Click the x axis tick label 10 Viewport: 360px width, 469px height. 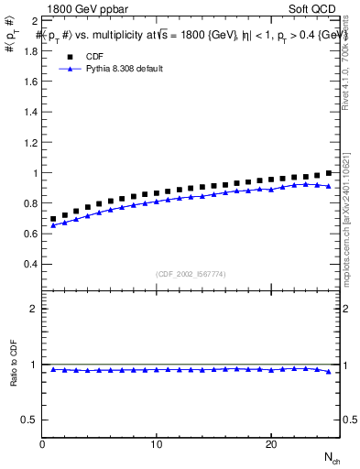[x=157, y=444]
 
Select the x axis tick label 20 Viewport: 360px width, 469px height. [x=270, y=444]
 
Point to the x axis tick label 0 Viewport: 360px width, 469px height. [x=43, y=444]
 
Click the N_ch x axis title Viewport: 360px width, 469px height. [x=331, y=457]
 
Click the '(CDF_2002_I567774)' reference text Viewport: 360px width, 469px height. [x=191, y=273]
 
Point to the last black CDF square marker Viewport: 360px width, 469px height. [x=328, y=172]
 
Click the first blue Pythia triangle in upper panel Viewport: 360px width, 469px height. [x=54, y=225]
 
